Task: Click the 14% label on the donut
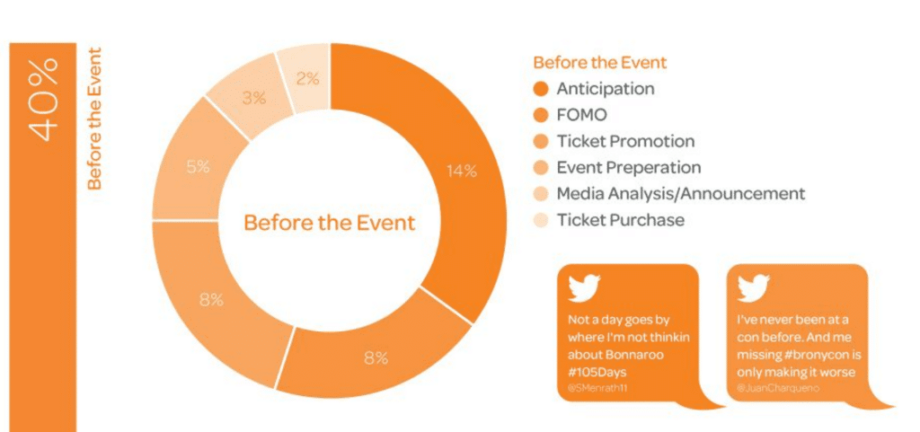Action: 461,172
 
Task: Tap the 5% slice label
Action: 199,166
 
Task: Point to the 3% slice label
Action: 253,98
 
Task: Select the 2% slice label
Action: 307,78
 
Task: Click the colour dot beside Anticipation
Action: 541,89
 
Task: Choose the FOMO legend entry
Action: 581,115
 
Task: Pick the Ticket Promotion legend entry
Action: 625,141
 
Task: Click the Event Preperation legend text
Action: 629,167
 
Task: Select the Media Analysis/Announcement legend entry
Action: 680,193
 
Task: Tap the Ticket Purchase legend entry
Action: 620,219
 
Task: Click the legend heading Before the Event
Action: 600,63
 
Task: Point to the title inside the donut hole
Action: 330,222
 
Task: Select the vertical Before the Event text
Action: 94,118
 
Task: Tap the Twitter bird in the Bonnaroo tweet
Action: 584,287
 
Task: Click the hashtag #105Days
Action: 598,370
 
